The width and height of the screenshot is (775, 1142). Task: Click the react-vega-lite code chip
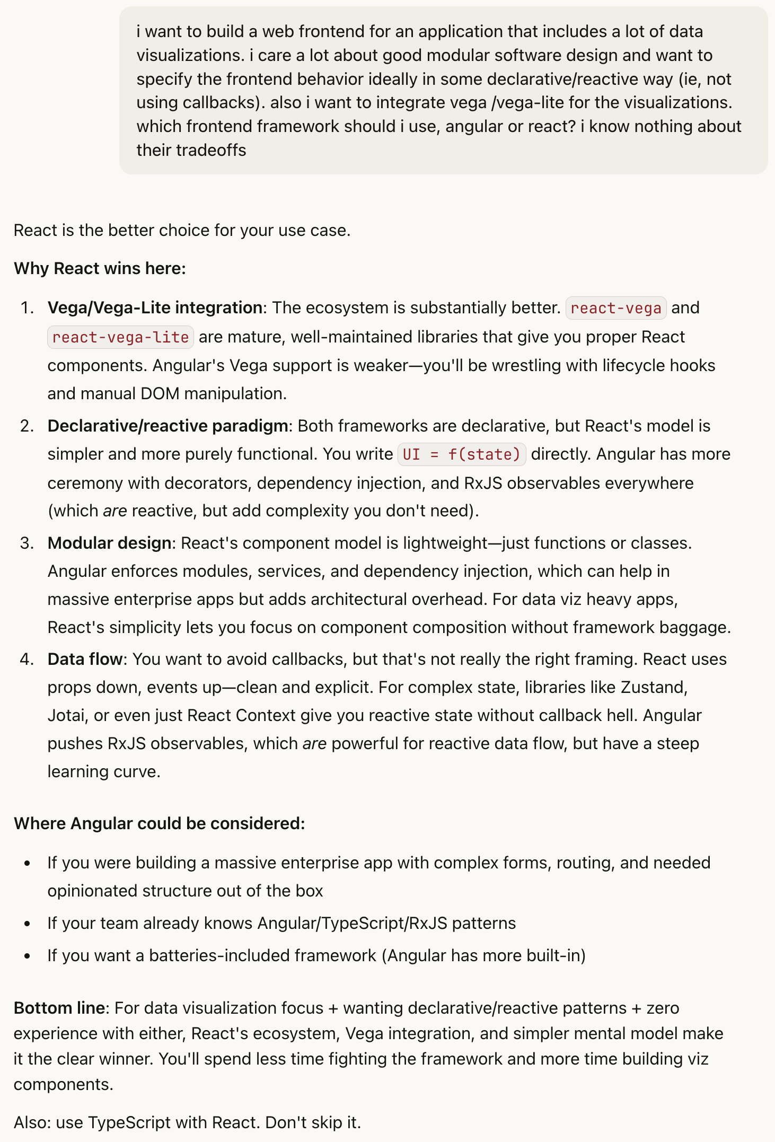120,337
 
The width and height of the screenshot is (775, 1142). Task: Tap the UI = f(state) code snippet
461,454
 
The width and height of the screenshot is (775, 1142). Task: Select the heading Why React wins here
100,268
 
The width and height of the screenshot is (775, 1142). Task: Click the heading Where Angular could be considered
159,823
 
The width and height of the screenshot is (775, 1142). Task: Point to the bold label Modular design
109,543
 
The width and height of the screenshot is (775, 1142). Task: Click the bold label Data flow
85,659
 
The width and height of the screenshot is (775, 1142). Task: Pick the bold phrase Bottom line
59,1008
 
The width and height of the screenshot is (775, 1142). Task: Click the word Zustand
653,687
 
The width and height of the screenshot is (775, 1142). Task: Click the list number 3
27,543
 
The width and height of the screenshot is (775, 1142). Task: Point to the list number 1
27,308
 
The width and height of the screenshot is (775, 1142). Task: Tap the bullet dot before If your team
28,924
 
